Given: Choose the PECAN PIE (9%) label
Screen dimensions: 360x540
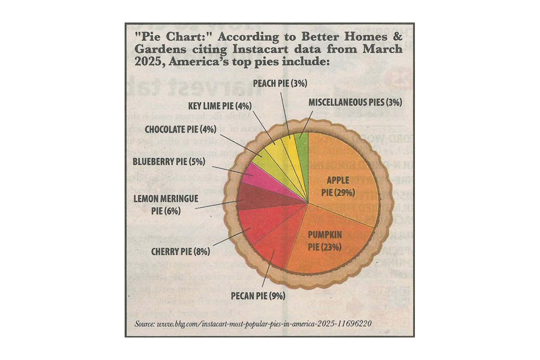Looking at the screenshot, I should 258,296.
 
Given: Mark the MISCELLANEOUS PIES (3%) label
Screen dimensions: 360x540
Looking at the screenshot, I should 355,102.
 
